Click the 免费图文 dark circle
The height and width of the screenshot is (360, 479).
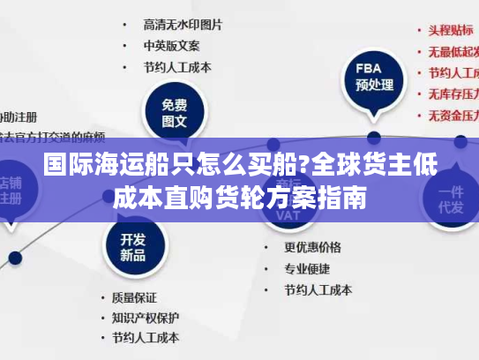[174, 113]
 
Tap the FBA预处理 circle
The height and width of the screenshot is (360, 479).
[373, 77]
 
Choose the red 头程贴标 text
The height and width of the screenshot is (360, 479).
[451, 29]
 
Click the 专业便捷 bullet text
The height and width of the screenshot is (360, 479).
[306, 268]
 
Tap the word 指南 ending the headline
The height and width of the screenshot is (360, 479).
[344, 196]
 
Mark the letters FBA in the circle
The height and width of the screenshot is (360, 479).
[368, 68]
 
